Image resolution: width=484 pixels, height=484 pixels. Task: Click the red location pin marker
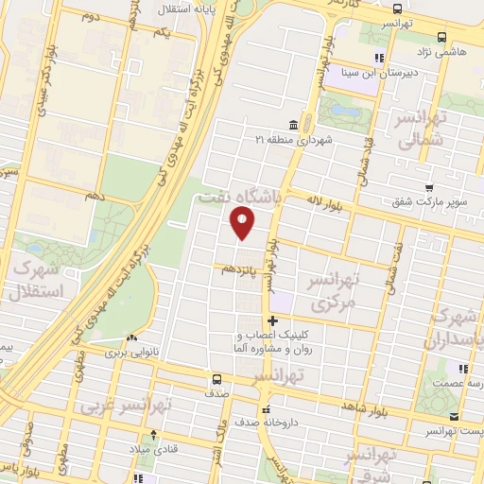tap(244, 224)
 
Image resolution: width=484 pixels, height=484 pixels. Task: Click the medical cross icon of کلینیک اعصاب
tap(273, 320)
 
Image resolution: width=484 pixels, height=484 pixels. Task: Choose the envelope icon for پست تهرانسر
tap(454, 417)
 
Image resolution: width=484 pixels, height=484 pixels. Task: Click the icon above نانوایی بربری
tap(131, 337)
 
